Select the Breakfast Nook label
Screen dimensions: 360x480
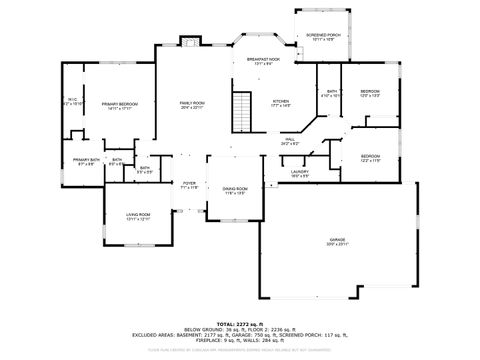click(264, 61)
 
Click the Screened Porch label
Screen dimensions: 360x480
click(322, 36)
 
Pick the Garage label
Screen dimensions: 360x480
click(337, 241)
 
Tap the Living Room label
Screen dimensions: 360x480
click(138, 216)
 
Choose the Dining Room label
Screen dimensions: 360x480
click(235, 190)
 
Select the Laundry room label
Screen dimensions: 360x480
click(299, 173)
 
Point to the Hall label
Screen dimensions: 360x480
click(290, 141)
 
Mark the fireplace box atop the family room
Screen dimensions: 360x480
click(190, 42)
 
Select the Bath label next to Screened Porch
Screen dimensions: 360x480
click(331, 93)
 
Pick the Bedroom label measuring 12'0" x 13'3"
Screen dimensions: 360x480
click(370, 93)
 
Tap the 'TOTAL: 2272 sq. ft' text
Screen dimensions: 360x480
click(239, 324)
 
